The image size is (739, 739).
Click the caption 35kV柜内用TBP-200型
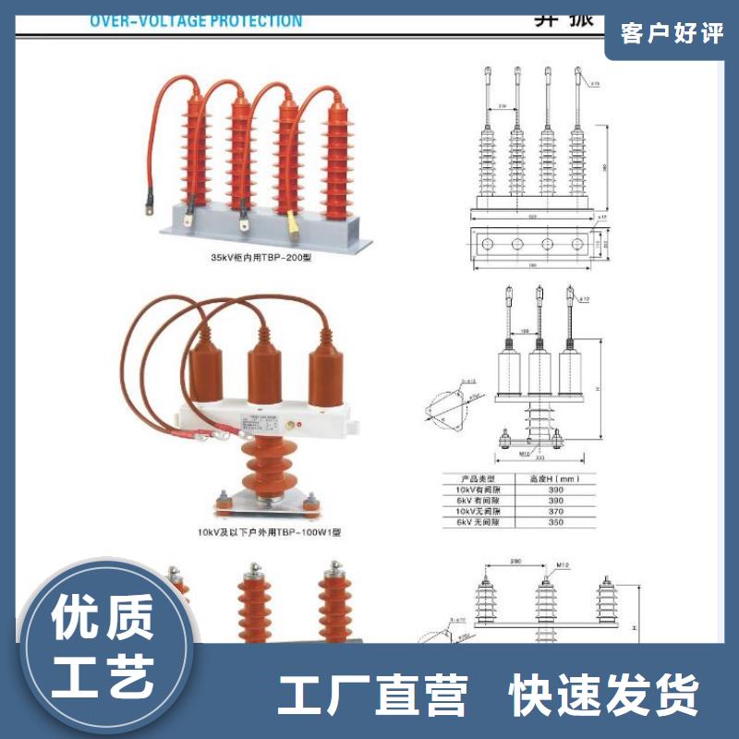click(262, 258)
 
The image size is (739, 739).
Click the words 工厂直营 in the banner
click(373, 695)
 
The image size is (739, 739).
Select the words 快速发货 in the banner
click(606, 695)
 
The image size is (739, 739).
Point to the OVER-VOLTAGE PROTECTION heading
click(196, 20)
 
